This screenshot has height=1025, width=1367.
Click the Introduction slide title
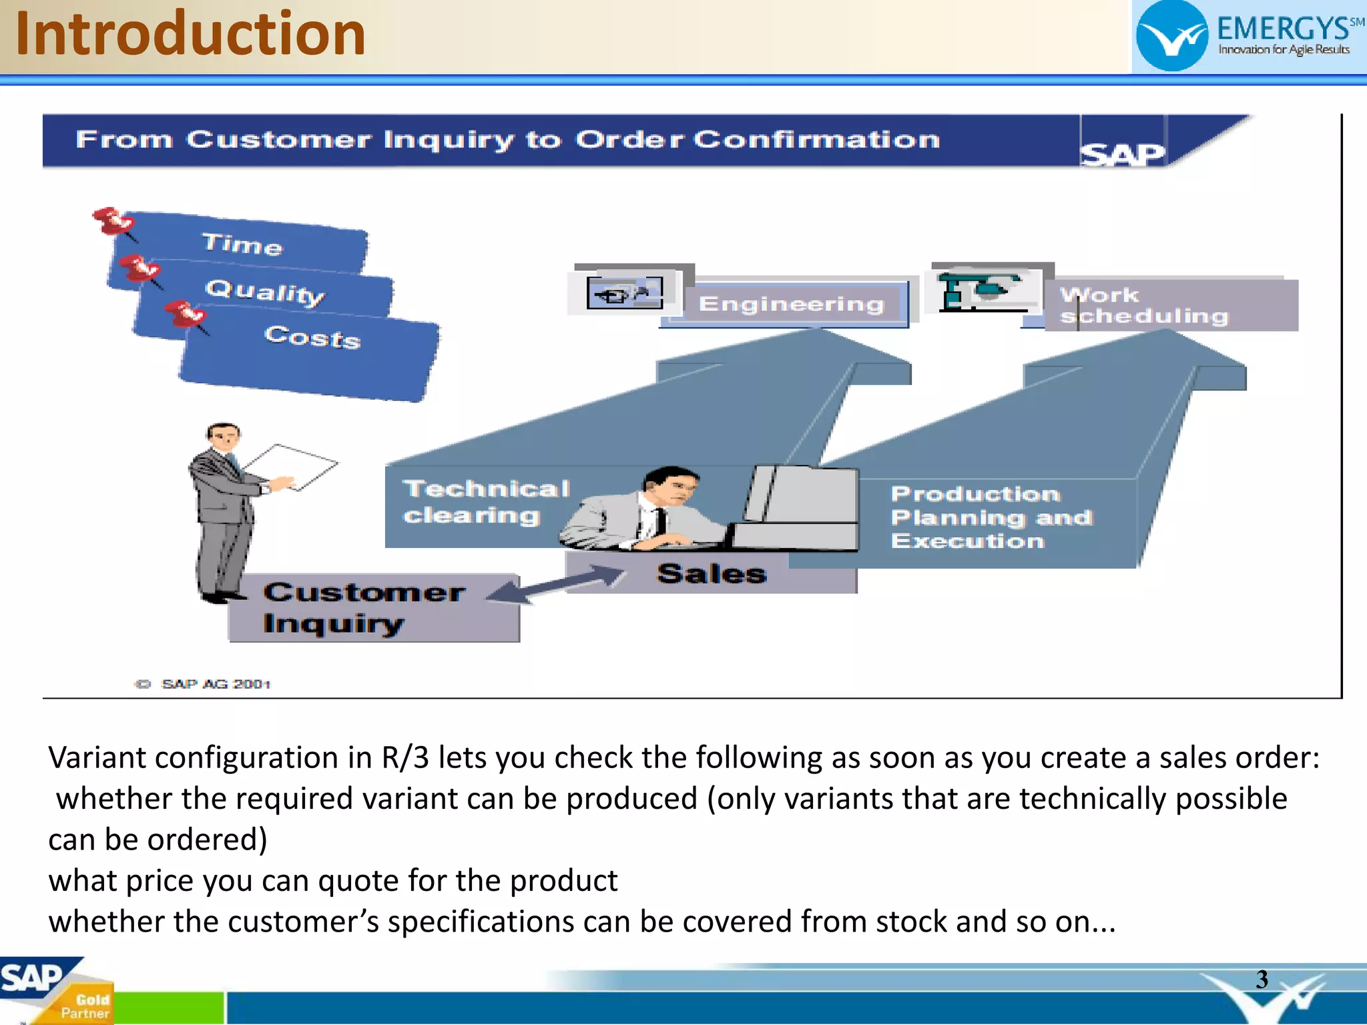click(x=190, y=35)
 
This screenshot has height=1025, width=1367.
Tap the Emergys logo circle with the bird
click(x=1171, y=37)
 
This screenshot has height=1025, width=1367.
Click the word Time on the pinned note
click(x=242, y=244)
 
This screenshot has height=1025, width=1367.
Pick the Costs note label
click(x=312, y=336)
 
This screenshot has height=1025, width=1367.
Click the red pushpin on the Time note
click(x=111, y=221)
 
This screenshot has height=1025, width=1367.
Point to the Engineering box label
click(x=791, y=304)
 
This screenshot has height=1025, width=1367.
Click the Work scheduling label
click(x=1143, y=306)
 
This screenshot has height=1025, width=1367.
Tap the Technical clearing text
click(x=486, y=502)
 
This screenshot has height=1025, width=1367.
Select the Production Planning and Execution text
click(x=991, y=517)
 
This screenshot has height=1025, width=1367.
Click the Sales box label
click(x=712, y=574)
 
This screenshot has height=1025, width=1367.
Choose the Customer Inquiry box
click(x=364, y=608)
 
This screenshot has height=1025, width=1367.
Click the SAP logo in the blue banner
click(x=1122, y=153)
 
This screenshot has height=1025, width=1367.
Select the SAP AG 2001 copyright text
click(x=215, y=684)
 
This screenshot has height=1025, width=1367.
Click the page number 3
click(x=1262, y=980)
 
